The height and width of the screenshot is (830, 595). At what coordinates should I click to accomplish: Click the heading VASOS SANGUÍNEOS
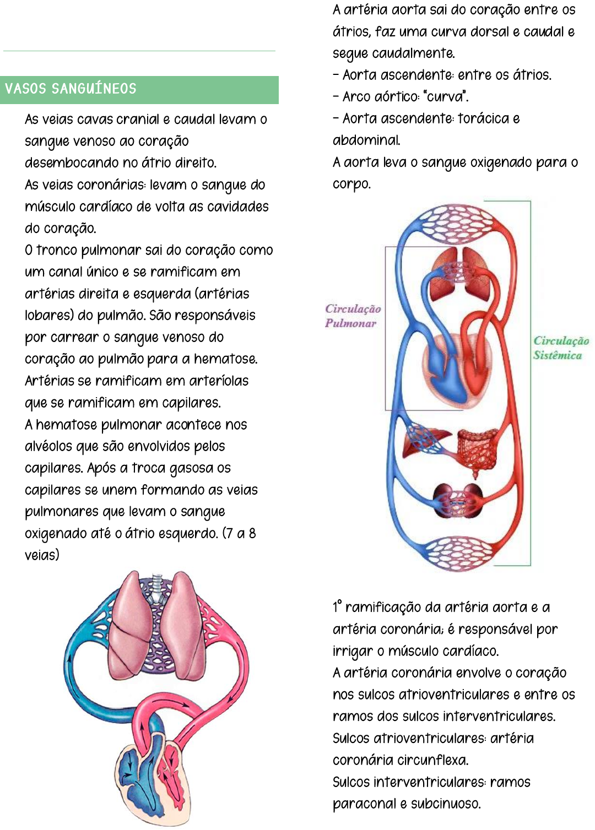coord(71,89)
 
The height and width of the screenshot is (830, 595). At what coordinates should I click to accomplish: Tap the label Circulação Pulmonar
coord(353,316)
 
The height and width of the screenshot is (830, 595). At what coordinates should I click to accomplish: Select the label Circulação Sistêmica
coord(560,348)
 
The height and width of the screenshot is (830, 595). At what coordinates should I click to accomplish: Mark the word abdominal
coord(366,140)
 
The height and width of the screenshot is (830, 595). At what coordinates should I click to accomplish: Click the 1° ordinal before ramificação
coord(337,607)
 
